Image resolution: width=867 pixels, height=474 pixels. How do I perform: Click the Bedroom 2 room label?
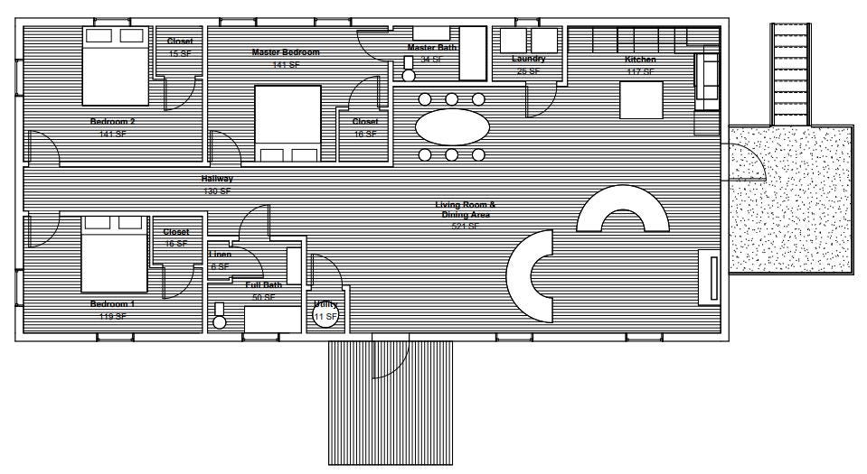(x=112, y=122)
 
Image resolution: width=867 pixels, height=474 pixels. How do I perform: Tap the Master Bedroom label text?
(x=286, y=52)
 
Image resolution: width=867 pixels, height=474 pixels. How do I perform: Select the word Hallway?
(x=217, y=179)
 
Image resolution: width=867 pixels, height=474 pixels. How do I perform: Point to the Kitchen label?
(x=640, y=60)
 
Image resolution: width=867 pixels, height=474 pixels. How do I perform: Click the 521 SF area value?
(x=465, y=227)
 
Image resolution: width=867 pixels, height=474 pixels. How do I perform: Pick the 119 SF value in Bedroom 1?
(x=112, y=317)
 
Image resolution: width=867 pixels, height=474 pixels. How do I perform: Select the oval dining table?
(x=452, y=126)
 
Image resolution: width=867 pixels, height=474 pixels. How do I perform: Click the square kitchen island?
(x=642, y=99)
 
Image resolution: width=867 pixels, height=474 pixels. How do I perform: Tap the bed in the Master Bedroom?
(x=288, y=123)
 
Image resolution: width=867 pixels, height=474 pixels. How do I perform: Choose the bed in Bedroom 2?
(x=114, y=66)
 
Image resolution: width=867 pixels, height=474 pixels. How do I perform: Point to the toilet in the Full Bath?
(x=219, y=316)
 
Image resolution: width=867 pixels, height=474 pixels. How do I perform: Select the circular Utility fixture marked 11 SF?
(x=325, y=316)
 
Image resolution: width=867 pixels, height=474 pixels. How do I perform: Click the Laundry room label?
(x=528, y=59)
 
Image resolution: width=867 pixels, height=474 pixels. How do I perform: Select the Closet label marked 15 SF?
(x=180, y=42)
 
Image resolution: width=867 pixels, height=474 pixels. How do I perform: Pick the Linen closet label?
(x=221, y=255)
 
